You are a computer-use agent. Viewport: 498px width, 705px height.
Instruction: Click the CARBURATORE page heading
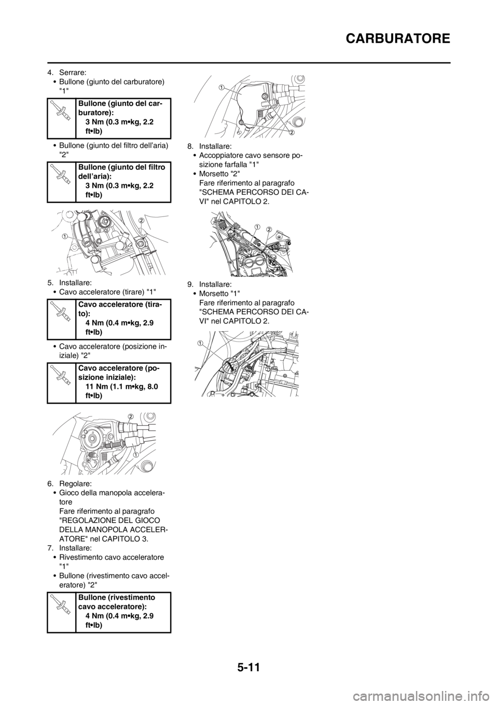coord(398,39)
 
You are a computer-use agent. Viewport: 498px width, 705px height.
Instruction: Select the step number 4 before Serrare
coord(50,73)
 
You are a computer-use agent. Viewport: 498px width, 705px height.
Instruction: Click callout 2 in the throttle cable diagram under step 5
coord(129,416)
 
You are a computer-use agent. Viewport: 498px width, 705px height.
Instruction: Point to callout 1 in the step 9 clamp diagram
coord(200,342)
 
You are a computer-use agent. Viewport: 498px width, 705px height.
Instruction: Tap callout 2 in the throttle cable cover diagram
coord(292,133)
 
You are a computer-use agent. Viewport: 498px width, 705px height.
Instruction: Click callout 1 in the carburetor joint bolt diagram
coord(64,236)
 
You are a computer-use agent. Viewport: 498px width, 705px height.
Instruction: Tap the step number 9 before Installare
coord(190,284)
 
